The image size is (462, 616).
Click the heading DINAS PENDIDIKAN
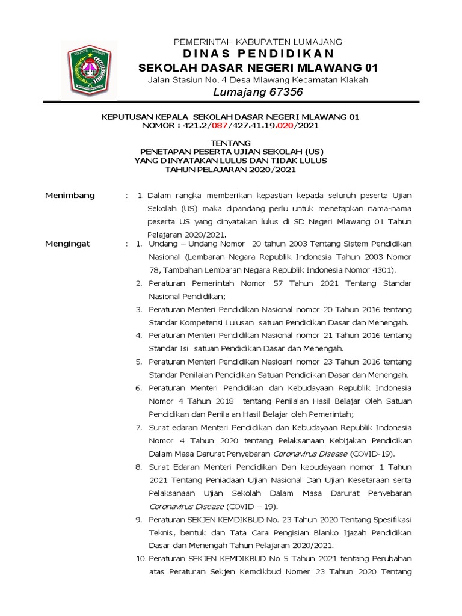click(257, 54)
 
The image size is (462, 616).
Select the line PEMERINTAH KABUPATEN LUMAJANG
click(258, 42)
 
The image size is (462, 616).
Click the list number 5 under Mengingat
click(138, 362)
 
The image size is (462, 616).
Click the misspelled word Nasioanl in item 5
click(305, 362)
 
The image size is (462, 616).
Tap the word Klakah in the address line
click(352, 79)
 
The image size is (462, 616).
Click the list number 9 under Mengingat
click(138, 519)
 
